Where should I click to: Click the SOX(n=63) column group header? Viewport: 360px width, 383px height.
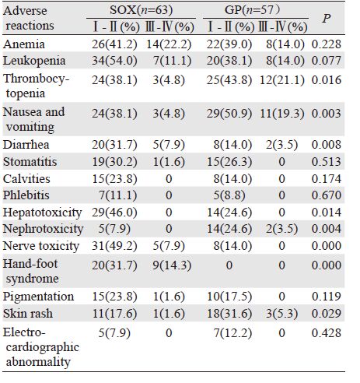[142, 10]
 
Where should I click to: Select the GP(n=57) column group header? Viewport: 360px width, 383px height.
[252, 10]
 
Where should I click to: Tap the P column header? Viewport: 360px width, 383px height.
[327, 19]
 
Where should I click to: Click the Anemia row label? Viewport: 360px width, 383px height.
[24, 44]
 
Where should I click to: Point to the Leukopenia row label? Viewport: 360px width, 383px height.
[34, 61]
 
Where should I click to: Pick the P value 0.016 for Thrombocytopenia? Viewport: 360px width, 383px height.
[327, 80]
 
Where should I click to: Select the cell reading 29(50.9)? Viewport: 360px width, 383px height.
[229, 114]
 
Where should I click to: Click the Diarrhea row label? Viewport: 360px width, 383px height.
[26, 145]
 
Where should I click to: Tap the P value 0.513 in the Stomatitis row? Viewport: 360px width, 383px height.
[327, 162]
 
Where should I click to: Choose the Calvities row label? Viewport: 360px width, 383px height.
[26, 179]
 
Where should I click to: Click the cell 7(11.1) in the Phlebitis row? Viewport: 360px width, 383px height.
[118, 195]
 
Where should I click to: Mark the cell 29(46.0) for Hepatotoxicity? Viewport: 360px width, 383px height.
[114, 213]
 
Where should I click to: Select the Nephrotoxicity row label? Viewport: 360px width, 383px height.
[43, 229]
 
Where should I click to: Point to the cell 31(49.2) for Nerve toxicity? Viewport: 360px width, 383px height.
[114, 246]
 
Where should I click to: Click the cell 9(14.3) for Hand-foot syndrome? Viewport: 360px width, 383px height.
[172, 265]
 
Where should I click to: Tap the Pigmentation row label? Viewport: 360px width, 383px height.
[38, 297]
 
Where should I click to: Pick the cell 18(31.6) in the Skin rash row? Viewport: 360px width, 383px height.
[229, 314]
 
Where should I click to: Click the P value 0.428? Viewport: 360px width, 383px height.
[327, 333]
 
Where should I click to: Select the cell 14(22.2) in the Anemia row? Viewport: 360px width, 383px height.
[169, 44]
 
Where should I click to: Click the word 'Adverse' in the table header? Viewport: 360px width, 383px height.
[25, 11]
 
